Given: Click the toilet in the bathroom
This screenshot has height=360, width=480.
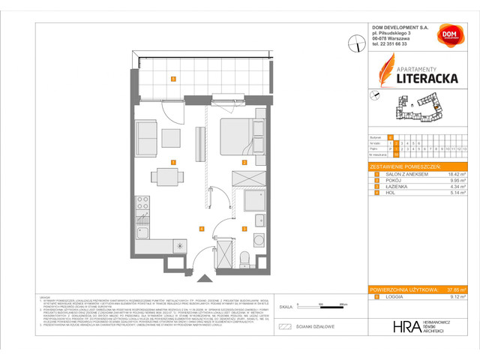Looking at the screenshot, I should tap(245, 257).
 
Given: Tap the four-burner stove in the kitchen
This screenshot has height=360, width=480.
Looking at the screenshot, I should tap(141, 204).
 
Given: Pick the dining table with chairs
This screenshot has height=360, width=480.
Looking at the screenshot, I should tap(166, 177).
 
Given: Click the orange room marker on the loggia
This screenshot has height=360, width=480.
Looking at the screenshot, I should tap(173, 79).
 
